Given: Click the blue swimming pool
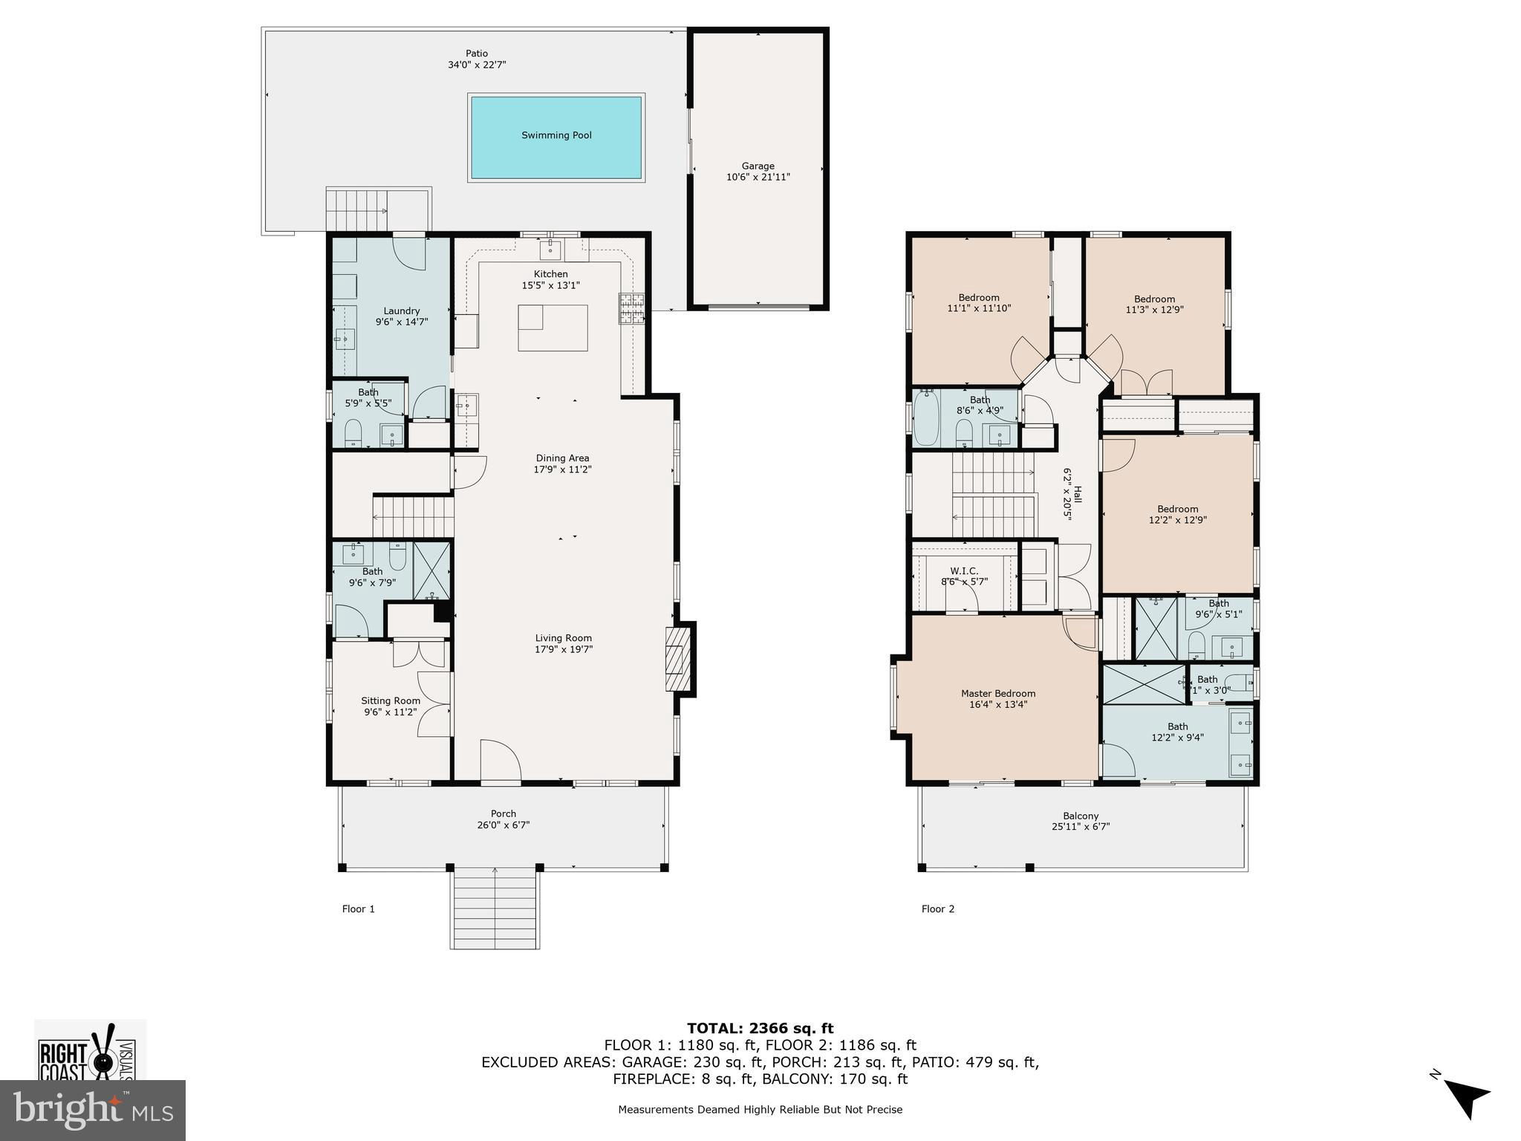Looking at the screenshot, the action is coord(556,137).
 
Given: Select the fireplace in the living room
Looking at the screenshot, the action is coord(679,659).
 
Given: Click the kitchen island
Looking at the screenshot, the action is coord(553,328).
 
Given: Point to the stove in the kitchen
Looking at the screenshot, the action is coord(632,309).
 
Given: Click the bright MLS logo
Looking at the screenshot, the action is coord(93,1109).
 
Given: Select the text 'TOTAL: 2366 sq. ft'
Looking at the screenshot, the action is coord(760,1029).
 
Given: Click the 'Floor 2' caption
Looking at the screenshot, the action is coord(938,908).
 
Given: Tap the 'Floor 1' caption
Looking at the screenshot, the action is coord(358,908).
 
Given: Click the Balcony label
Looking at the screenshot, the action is coord(1081,816).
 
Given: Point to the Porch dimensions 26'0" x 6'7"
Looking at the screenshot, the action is coord(504,825).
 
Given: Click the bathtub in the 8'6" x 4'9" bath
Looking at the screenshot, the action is coord(926,417).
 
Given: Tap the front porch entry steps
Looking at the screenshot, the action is coord(495,908).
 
